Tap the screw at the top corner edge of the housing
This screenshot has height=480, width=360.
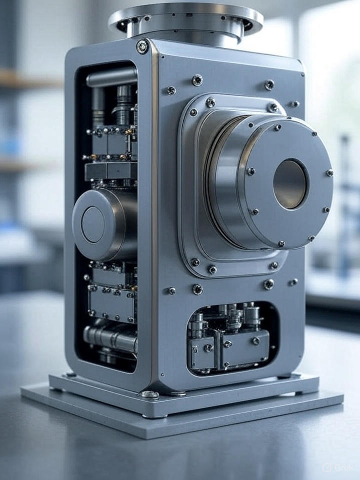click(142, 46)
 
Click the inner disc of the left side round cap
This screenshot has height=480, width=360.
click(93, 224)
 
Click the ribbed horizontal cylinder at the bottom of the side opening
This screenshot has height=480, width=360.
click(110, 338)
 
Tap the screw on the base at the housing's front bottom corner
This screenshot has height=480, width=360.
click(149, 394)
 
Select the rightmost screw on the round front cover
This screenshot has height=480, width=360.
click(329, 173)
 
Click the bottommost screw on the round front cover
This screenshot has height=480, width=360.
click(281, 243)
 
